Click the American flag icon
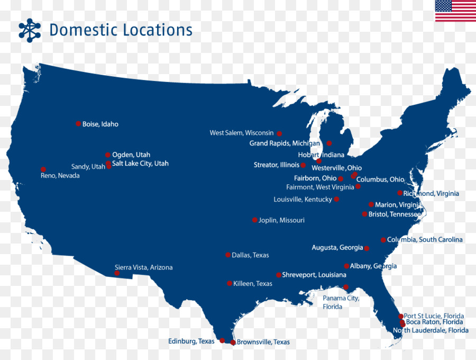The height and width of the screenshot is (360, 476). [455, 11]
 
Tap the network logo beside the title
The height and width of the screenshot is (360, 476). [30, 30]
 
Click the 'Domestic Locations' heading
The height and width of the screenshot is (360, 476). [121, 30]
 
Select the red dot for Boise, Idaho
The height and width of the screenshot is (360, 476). [78, 124]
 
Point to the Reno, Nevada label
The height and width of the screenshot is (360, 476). [60, 176]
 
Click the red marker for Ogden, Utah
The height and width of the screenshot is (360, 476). [108, 155]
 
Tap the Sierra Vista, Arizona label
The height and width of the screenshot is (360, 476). [143, 267]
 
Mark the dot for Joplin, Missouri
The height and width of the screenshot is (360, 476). [255, 220]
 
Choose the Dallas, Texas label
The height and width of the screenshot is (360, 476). [250, 255]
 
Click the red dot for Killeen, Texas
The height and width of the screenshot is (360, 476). [230, 283]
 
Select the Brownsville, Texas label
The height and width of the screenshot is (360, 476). [263, 342]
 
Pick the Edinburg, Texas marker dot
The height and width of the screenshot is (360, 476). [222, 340]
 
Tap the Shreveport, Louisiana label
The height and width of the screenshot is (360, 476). [314, 275]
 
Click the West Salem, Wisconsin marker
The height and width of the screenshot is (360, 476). [279, 133]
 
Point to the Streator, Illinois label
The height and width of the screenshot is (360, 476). [276, 165]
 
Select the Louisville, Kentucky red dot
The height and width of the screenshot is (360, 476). [336, 200]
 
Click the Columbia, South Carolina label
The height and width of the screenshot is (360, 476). [425, 240]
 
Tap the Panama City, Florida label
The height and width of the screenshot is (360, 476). [341, 302]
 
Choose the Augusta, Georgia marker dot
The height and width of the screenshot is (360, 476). [367, 248]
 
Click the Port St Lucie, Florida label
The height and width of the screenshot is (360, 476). [434, 316]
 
